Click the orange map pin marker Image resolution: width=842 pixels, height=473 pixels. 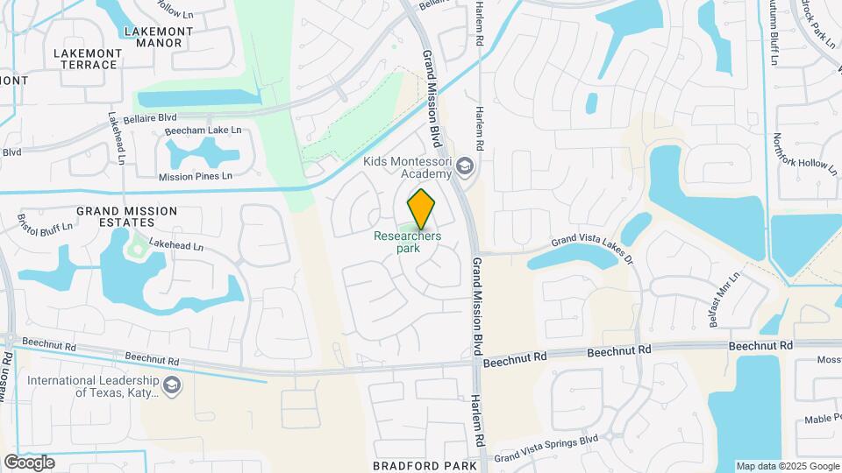pyautogui.click(x=421, y=208)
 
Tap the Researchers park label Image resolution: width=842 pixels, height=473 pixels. pyautogui.click(x=407, y=242)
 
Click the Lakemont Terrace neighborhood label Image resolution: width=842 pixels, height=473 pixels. pyautogui.click(x=88, y=59)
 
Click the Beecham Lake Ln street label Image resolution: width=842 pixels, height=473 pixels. pyautogui.click(x=203, y=131)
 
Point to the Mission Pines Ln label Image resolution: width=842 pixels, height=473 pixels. pyautogui.click(x=196, y=176)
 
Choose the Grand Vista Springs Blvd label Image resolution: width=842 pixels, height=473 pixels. pyautogui.click(x=546, y=448)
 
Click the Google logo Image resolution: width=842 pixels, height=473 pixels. pyautogui.click(x=29, y=462)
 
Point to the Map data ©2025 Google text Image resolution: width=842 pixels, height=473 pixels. pyautogui.click(x=787, y=466)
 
